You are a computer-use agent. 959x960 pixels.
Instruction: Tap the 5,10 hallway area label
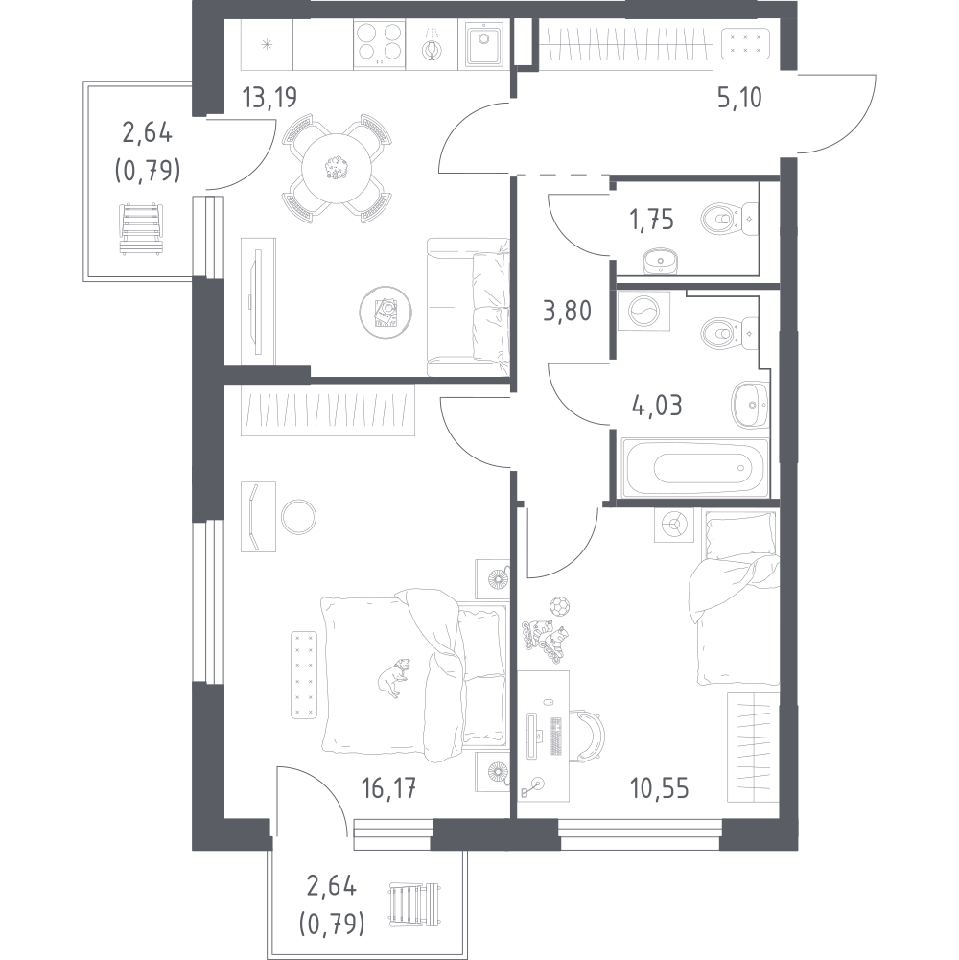coord(738,97)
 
